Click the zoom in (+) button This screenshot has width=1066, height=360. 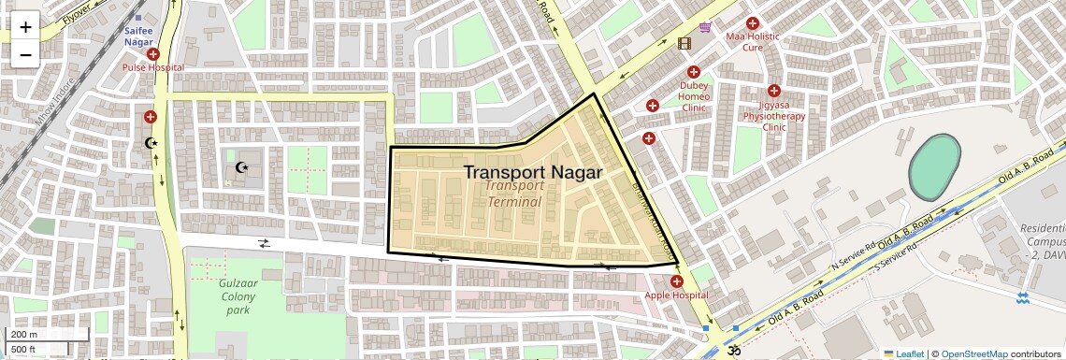25,27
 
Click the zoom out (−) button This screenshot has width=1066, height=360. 25,53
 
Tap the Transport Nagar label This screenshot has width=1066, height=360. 532,172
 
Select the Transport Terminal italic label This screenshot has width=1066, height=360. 514,194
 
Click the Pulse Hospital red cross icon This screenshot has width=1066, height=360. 153,55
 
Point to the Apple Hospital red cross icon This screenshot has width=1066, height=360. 676,281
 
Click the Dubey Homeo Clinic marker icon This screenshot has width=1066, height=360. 694,72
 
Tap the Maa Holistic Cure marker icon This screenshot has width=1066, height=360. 752,23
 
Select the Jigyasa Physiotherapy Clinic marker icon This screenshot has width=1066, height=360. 773,91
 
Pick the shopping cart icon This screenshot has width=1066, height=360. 706,27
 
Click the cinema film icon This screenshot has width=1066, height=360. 684,43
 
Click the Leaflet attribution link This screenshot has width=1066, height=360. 903,353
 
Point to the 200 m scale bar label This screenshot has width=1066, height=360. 24,335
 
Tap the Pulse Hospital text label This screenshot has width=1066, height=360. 153,68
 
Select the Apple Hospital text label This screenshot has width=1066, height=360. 676,296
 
